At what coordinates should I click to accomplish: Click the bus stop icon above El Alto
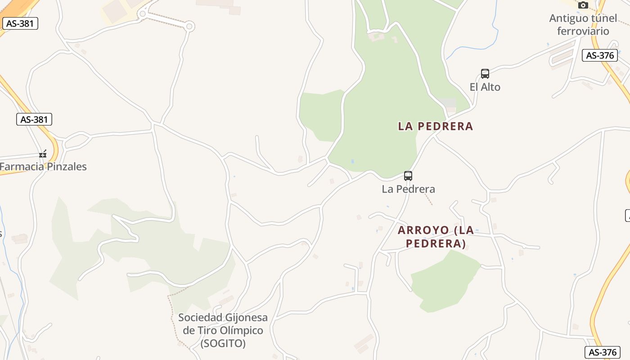tap(485, 74)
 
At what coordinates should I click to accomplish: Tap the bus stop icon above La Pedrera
tap(408, 176)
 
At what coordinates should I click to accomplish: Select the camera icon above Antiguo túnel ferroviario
tap(583, 5)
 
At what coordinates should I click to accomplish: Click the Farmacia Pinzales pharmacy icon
tap(43, 154)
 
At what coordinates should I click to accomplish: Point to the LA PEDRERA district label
tap(435, 126)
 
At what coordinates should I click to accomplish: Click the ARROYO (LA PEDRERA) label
tap(436, 237)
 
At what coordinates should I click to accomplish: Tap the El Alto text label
tap(485, 87)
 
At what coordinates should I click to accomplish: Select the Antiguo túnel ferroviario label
tap(583, 25)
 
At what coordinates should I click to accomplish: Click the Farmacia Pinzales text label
tap(43, 166)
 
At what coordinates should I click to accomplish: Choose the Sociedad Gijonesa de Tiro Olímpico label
tap(223, 330)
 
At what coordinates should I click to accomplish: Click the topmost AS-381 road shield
tap(20, 23)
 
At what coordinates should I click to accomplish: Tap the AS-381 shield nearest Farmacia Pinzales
tap(35, 119)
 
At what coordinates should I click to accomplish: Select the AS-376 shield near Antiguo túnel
tap(600, 55)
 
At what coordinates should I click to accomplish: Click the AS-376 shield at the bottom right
tap(602, 352)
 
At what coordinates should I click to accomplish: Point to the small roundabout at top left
tap(189, 27)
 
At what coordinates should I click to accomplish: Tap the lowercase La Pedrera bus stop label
tap(408, 189)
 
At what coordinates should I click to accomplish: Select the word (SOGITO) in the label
tap(223, 343)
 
